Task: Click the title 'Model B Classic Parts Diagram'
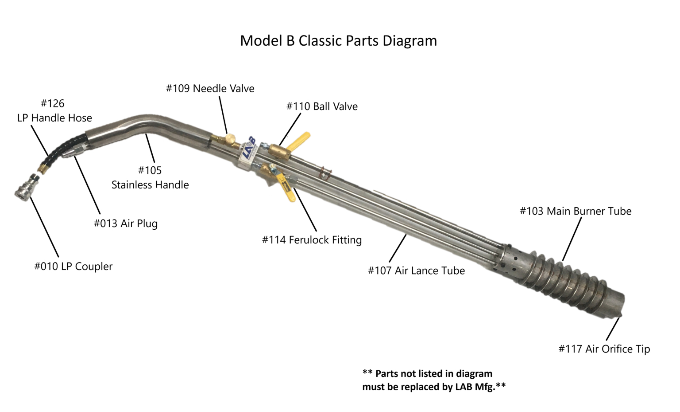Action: click(339, 41)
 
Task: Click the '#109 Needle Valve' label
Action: click(210, 89)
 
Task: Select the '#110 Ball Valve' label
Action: click(322, 106)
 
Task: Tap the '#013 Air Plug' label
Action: click(126, 224)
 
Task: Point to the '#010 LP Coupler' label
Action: click(73, 267)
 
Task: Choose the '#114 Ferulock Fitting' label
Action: click(312, 240)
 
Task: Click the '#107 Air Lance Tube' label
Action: click(416, 271)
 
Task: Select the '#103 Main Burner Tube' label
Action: click(576, 211)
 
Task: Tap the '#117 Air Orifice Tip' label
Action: click(604, 349)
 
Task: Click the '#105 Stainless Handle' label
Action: click(150, 177)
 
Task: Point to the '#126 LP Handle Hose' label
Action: click(54, 111)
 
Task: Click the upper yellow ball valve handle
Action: click(299, 141)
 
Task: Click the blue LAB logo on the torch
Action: click(249, 149)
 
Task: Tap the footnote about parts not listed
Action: click(434, 380)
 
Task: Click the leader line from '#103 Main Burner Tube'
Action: click(572, 239)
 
